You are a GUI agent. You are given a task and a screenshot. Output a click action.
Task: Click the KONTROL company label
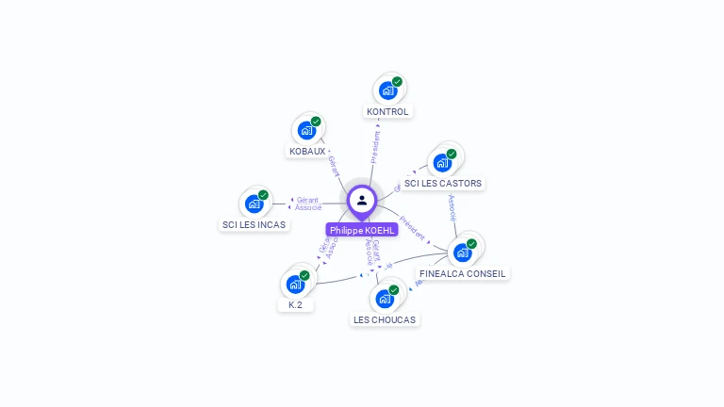click(x=387, y=111)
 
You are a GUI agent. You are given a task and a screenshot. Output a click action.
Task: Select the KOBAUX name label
click(x=307, y=151)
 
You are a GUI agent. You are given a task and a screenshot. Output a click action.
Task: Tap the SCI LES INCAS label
click(x=254, y=224)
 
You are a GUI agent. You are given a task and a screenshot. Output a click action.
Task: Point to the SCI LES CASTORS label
click(x=442, y=183)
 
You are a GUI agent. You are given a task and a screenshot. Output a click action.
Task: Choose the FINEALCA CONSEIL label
click(x=462, y=273)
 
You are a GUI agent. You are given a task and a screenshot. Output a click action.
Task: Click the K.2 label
click(x=295, y=304)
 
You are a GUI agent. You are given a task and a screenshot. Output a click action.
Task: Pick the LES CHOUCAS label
click(x=384, y=319)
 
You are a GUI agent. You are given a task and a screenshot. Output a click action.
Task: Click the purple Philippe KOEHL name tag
click(x=362, y=230)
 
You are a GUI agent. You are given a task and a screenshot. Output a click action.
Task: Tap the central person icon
click(x=362, y=200)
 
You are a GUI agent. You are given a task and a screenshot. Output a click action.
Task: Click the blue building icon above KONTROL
click(x=387, y=90)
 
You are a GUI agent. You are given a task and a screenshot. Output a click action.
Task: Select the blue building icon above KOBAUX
click(x=305, y=130)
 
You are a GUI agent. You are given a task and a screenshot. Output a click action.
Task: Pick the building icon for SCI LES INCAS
click(x=253, y=203)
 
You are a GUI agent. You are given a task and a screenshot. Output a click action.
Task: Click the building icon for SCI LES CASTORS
click(x=441, y=162)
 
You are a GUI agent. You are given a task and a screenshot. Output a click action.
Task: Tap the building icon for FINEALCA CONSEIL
click(x=462, y=252)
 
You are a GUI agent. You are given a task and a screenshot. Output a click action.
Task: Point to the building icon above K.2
click(x=294, y=284)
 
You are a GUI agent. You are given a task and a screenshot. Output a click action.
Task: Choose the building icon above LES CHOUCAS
click(x=384, y=299)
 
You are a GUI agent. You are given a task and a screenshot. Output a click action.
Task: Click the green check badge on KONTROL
click(x=397, y=82)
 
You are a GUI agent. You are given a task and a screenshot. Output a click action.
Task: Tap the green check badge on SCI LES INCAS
click(x=263, y=195)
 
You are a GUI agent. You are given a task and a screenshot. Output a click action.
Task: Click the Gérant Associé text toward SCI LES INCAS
click(x=309, y=203)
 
